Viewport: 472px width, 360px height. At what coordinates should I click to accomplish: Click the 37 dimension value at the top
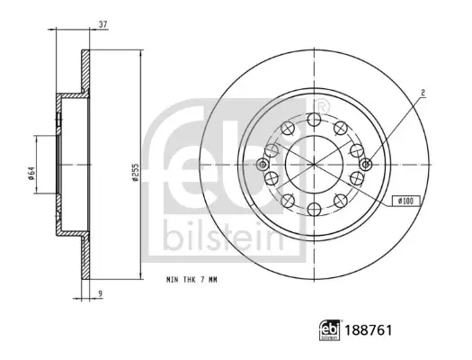coord(103,24)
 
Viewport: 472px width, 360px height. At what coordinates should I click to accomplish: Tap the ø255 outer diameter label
coord(135,172)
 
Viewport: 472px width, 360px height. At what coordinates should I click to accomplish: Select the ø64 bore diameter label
coord(31,173)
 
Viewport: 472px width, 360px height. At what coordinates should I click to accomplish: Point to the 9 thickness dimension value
coord(100,293)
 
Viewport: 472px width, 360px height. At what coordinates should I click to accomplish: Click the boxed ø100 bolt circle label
coord(406,201)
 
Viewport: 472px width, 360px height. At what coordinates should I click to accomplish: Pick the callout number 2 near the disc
coord(423,93)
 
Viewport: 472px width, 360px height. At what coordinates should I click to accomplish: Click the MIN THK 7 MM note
coord(191,280)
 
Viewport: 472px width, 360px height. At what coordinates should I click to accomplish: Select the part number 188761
coord(369,330)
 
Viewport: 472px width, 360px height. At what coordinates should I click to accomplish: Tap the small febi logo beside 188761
coord(330,330)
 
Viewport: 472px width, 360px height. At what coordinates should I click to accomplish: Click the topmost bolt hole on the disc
coord(315,120)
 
